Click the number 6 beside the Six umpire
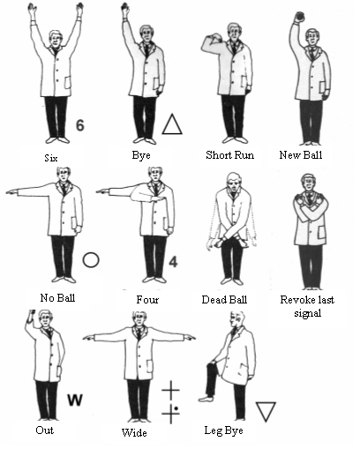click(x=80, y=125)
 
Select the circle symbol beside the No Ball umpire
click(x=91, y=259)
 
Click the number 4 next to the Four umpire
click(x=173, y=261)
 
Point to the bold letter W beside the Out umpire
click(x=75, y=400)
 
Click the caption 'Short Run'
click(x=229, y=155)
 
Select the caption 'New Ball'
click(x=301, y=154)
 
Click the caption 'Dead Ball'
click(x=224, y=300)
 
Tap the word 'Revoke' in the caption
click(x=295, y=300)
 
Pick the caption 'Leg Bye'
click(x=223, y=430)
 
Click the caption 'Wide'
click(x=134, y=432)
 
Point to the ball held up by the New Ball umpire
click(x=299, y=16)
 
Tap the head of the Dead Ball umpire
click(x=234, y=183)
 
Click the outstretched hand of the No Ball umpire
click(x=11, y=192)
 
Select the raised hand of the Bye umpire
click(x=125, y=9)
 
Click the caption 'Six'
click(x=51, y=158)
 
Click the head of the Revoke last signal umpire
click(x=308, y=183)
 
